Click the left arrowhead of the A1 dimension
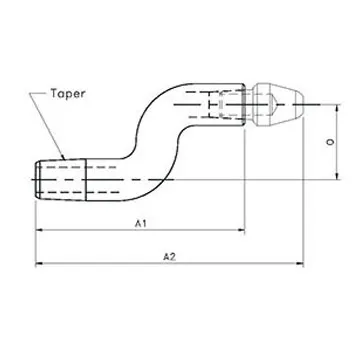pyautogui.click(x=40, y=231)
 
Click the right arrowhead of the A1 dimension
pyautogui.click(x=241, y=231)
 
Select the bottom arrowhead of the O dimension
pyautogui.click(x=322, y=178)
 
